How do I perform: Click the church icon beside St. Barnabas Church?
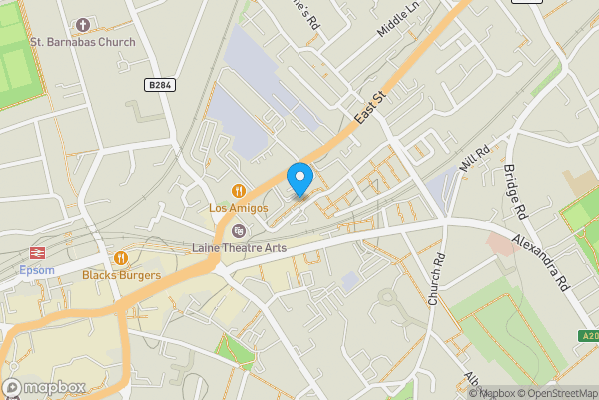pyautogui.click(x=82, y=23)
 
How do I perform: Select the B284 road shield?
pyautogui.click(x=159, y=85)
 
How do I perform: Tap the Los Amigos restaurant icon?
pyautogui.click(x=238, y=190)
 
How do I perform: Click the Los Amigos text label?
pyautogui.click(x=238, y=208)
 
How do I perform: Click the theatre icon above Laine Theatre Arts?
pyautogui.click(x=238, y=231)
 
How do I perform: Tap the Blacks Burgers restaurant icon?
pyautogui.click(x=123, y=258)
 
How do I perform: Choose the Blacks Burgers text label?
pyautogui.click(x=123, y=275)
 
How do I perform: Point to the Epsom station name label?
pyautogui.click(x=37, y=270)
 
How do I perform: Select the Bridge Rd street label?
pyautogui.click(x=513, y=192)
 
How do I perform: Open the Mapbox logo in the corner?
pyautogui.click(x=44, y=387)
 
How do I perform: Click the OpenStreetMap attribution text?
pyautogui.click(x=556, y=393)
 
